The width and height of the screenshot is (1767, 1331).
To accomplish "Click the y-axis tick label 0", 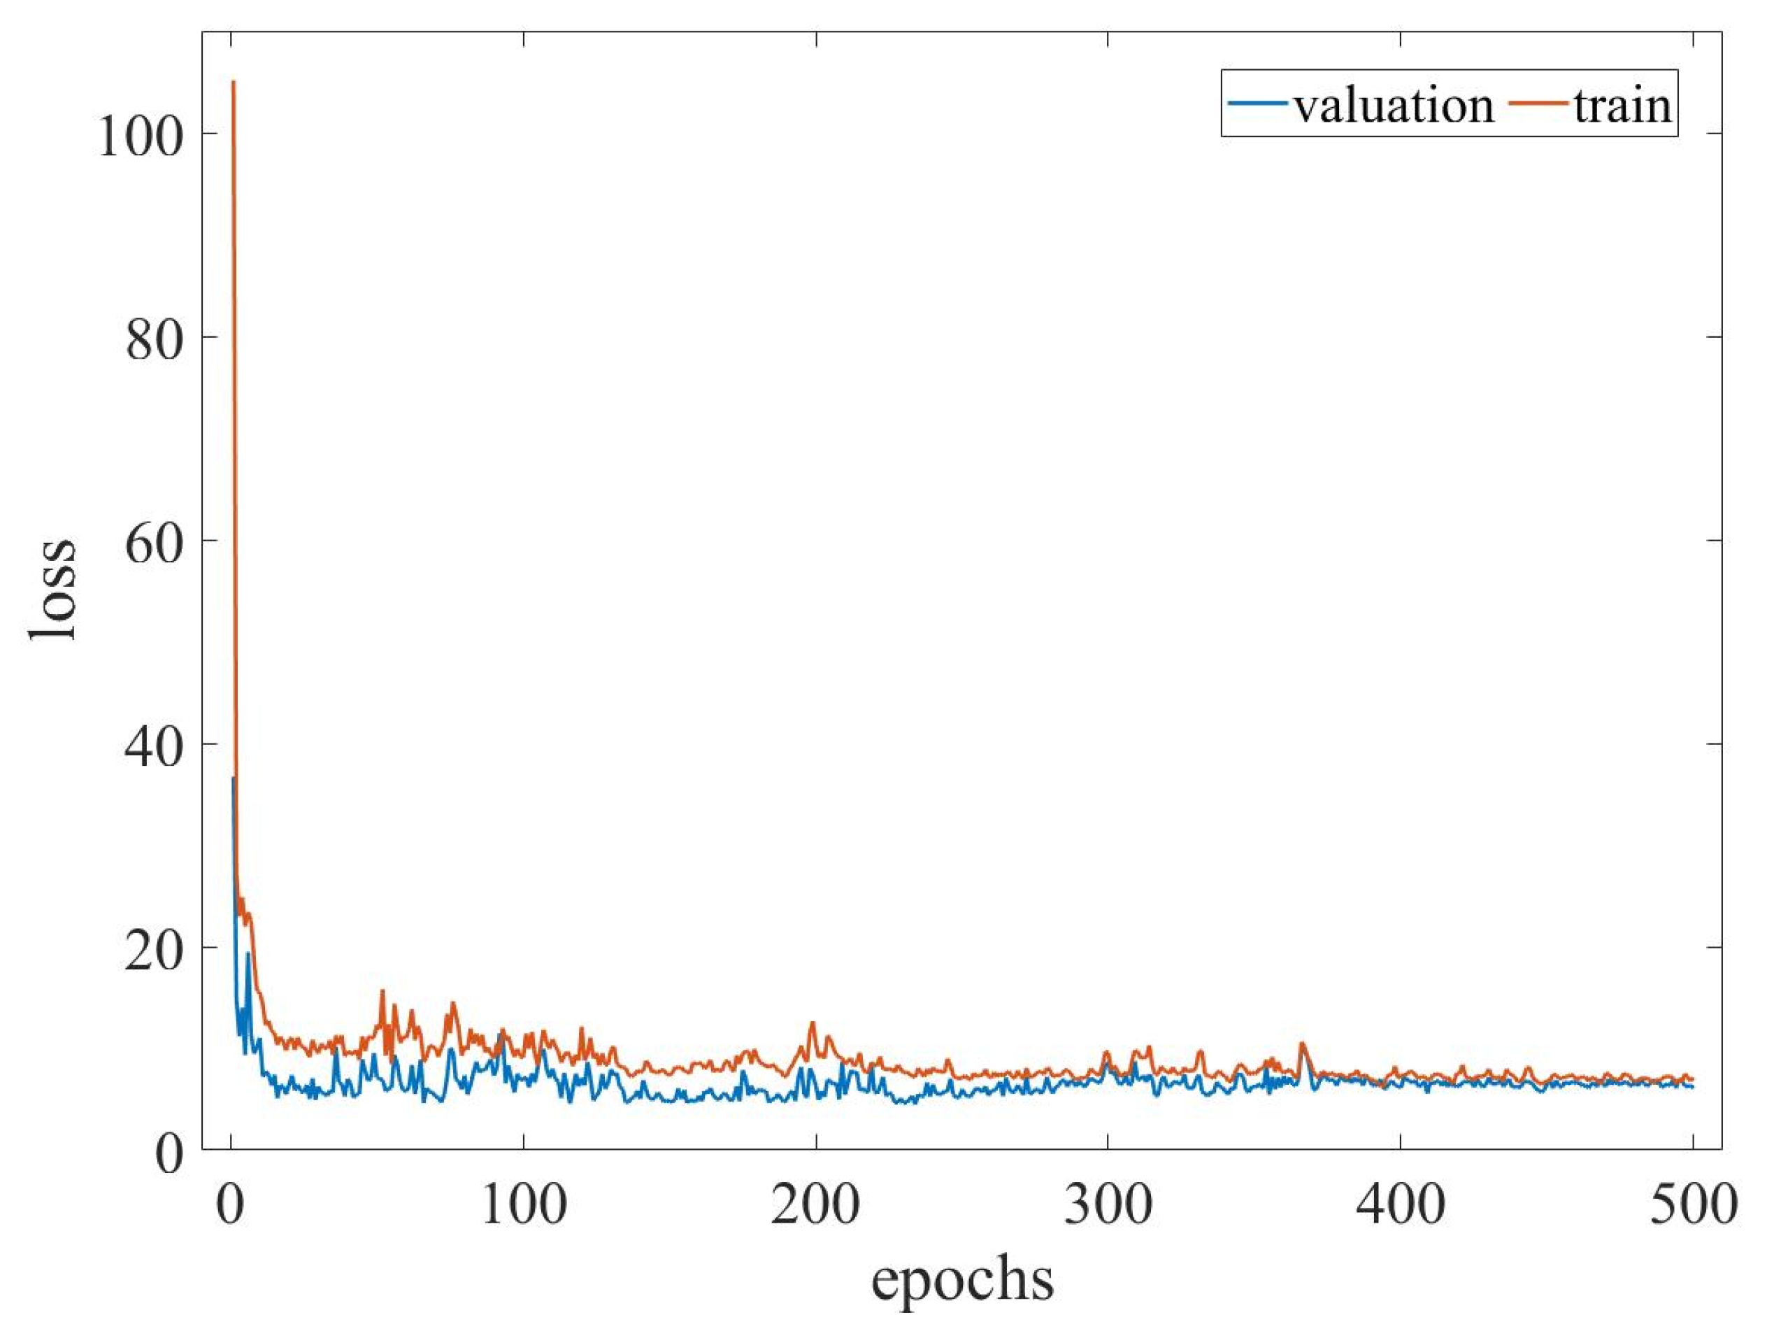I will click(169, 1153).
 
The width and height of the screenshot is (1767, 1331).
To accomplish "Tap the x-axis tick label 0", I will click(231, 1205).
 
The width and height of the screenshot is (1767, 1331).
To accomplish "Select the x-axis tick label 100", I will click(524, 1205).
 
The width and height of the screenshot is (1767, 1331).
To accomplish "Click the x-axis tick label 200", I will click(815, 1205).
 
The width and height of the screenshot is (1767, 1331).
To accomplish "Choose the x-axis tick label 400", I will click(1401, 1205).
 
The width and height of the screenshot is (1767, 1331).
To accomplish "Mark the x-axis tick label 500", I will click(1692, 1205).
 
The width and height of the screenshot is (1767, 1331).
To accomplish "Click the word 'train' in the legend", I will click(1622, 106).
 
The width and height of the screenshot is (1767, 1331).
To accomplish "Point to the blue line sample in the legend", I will click(1258, 103).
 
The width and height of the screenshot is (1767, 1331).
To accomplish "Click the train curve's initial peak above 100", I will click(234, 83).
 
